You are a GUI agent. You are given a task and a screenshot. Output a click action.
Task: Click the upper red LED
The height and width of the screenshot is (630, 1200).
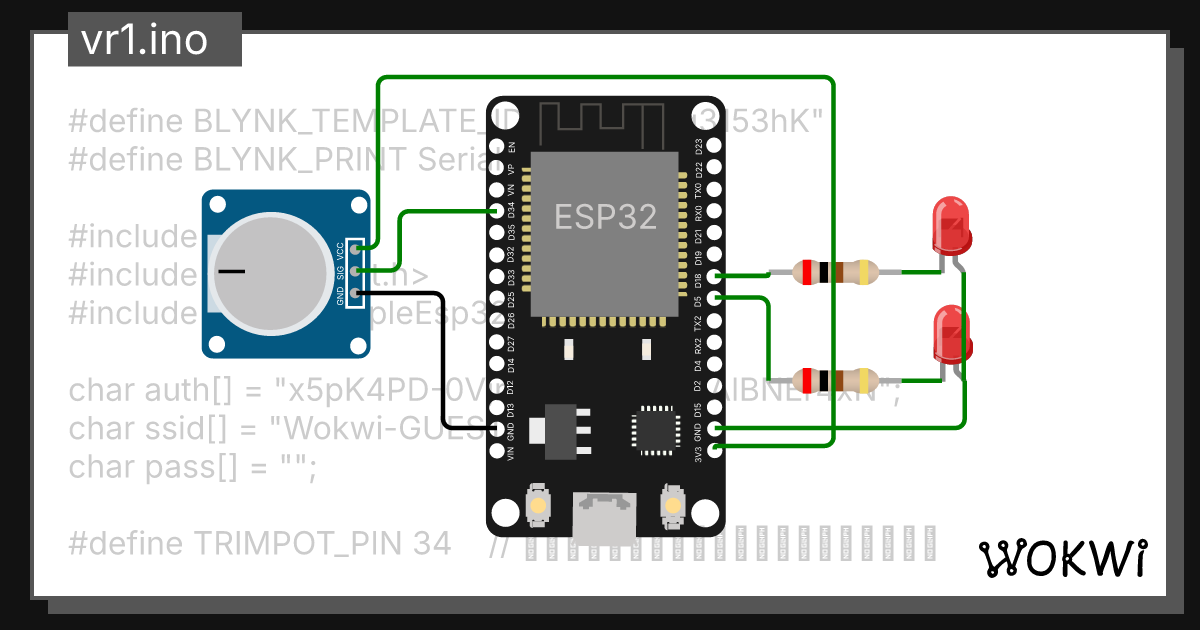[950, 226]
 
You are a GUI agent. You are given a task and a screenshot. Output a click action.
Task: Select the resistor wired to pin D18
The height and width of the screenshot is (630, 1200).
[834, 271]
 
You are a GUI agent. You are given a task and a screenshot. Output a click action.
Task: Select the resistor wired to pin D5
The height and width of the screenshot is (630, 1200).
[834, 381]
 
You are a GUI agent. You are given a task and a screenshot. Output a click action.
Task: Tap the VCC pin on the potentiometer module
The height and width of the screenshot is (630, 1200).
[357, 247]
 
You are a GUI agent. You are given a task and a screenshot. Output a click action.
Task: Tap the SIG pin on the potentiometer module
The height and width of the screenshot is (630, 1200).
[357, 269]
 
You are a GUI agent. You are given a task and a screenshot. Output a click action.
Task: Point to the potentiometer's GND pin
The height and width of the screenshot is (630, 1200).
[357, 292]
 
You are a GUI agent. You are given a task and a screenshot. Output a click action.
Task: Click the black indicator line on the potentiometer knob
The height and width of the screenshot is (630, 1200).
[232, 271]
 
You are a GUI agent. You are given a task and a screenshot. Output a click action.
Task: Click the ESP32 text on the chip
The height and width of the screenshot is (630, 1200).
[606, 216]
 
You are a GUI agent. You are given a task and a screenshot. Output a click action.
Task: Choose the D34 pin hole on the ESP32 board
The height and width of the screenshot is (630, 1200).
[497, 211]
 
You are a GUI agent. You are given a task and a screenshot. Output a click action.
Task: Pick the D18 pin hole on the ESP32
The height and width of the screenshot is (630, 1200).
[713, 276]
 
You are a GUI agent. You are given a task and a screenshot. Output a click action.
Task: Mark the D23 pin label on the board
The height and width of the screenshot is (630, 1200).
[698, 146]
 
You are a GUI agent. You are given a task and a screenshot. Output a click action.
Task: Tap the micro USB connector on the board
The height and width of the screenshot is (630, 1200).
[605, 517]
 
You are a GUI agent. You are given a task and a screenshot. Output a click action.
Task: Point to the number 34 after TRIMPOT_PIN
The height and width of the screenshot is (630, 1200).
[430, 544]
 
